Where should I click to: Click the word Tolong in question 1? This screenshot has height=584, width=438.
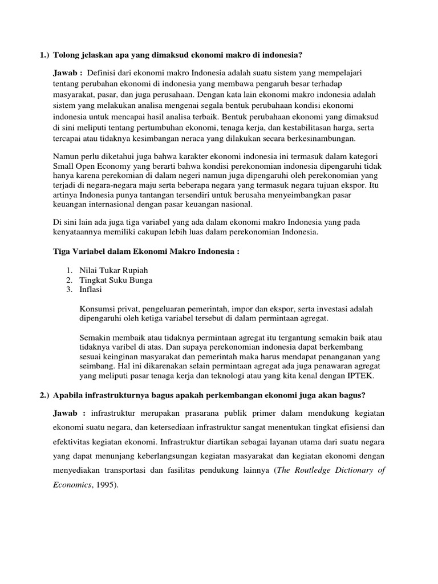[67, 55]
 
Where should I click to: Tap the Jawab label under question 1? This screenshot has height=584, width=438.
[67, 74]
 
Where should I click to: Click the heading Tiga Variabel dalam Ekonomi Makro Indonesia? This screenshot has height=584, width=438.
[145, 252]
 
